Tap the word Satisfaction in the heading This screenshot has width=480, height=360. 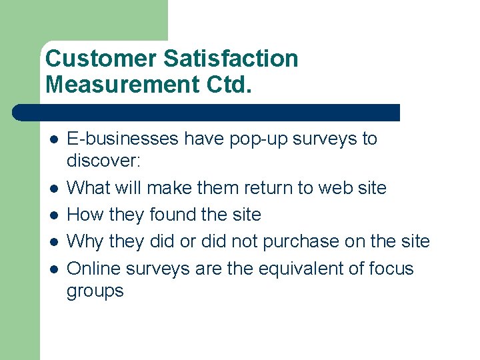tap(231, 59)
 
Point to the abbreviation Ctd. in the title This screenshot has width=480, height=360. tap(227, 85)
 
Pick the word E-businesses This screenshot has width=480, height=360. tap(123, 139)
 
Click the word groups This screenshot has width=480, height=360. tap(95, 291)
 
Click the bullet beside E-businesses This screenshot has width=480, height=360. tap(53, 139)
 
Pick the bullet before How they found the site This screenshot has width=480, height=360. tap(53, 215)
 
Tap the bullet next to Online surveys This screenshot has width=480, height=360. tap(53, 269)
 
